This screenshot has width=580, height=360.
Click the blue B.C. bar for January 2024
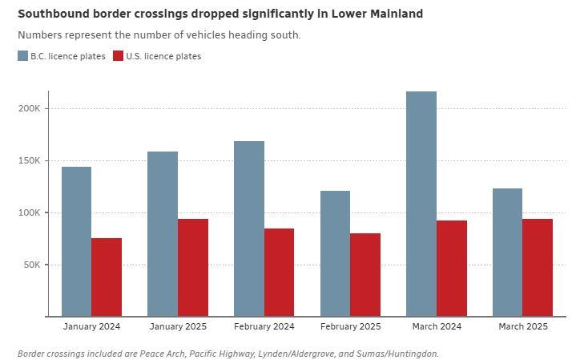coord(76,241)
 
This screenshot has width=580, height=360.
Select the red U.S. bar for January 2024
coord(107,277)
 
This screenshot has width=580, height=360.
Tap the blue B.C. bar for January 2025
coord(163,233)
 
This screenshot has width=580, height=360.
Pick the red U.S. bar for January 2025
coord(193,267)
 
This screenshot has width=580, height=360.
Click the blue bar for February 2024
coord(248,229)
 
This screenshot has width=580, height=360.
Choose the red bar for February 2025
coord(365,274)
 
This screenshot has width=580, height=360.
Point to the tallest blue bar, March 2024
coord(421,204)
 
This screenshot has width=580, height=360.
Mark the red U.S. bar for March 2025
coord(538,267)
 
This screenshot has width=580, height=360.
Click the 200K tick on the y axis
coord(35,108)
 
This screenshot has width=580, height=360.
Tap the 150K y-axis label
coord(35,160)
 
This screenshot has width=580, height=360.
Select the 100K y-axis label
coord(35,212)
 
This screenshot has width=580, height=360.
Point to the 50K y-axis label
coord(38,265)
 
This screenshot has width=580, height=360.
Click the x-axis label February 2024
coord(264,326)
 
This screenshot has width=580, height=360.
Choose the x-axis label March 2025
coord(522,326)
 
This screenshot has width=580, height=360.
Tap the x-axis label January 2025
coord(178,326)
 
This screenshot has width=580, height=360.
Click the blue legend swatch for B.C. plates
coord(22,56)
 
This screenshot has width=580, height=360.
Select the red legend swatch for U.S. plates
coord(119,56)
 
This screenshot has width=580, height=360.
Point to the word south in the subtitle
coord(286,35)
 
